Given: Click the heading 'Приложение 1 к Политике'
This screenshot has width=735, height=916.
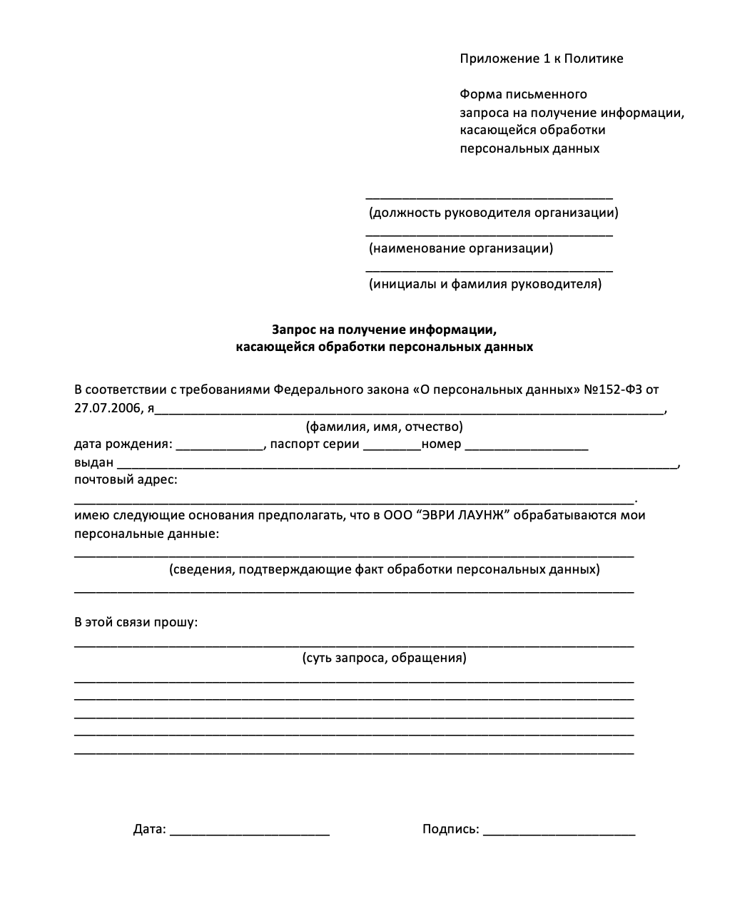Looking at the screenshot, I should tap(541, 58).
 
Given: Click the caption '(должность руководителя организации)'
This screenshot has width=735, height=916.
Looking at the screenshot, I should tap(493, 213).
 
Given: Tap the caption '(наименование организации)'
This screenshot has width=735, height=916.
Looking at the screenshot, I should tap(460, 248).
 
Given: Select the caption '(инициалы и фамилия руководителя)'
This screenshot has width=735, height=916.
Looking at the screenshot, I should tap(485, 284).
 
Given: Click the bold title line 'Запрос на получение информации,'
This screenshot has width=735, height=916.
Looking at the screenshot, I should tap(384, 330).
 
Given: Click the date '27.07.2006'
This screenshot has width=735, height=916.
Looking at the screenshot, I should tap(105, 409).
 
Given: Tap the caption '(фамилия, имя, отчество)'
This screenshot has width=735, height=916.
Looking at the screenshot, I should tap(384, 427).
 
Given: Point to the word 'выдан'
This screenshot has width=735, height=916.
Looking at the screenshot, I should tap(93, 462).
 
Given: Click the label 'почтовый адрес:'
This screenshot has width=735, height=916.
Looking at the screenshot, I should tap(126, 479).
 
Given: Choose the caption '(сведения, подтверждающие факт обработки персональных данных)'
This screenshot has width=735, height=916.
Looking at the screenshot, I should tap(384, 569).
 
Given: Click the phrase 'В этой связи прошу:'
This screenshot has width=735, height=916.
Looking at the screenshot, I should tap(136, 622).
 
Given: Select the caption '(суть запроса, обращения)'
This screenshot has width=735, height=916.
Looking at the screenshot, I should tap(384, 658).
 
